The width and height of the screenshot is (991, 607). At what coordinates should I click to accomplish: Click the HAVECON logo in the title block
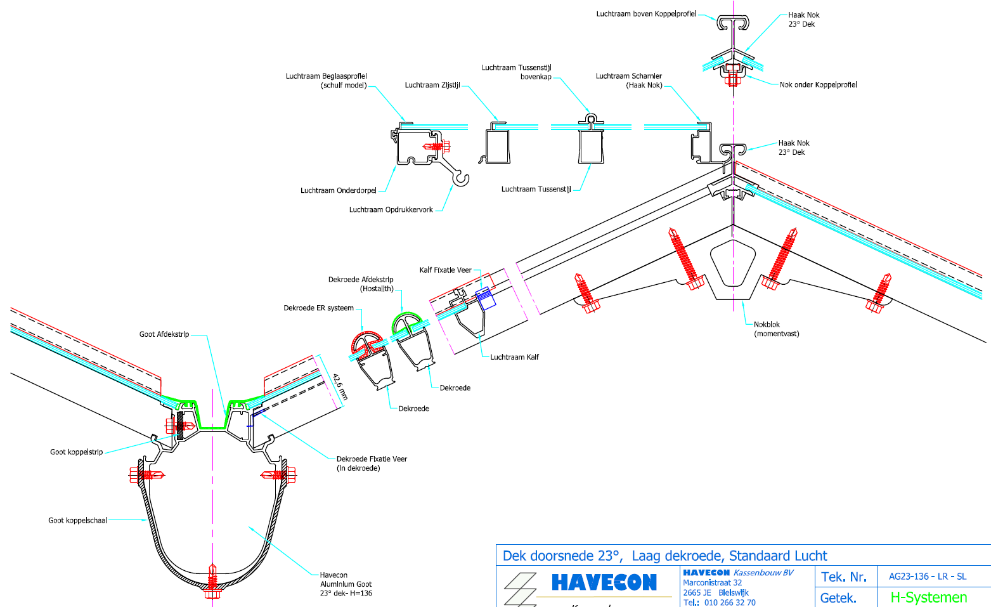[604, 582]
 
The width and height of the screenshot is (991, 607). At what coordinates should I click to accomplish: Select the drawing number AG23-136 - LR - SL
[927, 577]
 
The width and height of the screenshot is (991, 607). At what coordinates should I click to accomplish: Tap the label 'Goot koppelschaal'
[77, 520]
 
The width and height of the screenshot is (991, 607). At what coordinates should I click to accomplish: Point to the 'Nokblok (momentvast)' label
[776, 329]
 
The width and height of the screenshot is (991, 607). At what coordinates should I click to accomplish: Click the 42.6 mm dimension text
[340, 386]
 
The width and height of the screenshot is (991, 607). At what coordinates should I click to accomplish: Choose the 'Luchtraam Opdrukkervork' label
[391, 209]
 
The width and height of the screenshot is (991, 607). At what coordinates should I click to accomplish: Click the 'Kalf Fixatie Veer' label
[445, 270]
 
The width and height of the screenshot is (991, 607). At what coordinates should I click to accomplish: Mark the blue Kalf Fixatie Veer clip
[486, 298]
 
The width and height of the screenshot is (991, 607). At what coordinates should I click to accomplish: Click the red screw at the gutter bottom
[212, 580]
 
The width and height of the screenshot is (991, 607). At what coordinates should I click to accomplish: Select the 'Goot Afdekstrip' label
[164, 334]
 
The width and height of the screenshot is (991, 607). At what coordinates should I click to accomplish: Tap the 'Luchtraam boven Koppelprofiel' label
[645, 14]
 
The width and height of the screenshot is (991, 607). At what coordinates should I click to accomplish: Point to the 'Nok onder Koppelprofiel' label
[818, 84]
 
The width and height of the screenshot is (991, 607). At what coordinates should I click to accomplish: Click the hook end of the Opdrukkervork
[461, 180]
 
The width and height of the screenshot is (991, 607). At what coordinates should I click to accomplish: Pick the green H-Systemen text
[928, 597]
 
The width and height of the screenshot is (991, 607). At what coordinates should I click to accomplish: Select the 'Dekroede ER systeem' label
[318, 308]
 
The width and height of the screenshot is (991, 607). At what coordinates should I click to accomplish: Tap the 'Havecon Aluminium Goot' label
[346, 584]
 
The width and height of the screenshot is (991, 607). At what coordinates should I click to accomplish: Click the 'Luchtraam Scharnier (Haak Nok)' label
[628, 81]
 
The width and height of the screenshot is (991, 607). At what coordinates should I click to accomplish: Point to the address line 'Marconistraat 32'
[712, 582]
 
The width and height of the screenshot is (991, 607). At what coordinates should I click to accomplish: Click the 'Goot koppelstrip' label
[76, 452]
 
